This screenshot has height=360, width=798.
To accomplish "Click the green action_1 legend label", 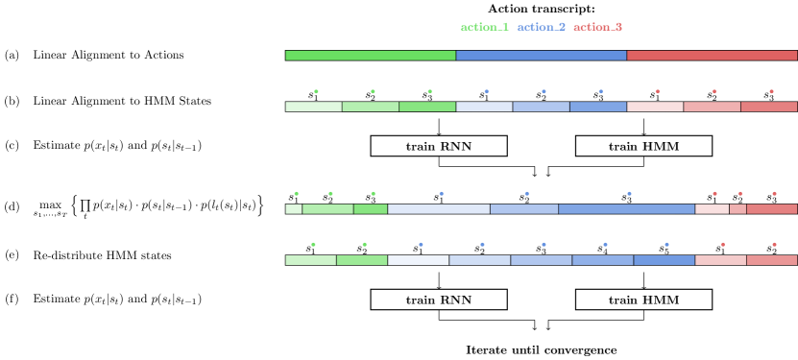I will pyautogui.click(x=484, y=27).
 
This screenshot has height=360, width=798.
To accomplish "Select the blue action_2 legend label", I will pyautogui.click(x=541, y=27).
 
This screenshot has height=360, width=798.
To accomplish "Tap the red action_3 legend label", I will pyautogui.click(x=597, y=27).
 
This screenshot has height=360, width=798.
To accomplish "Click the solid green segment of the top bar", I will pyautogui.click(x=370, y=56).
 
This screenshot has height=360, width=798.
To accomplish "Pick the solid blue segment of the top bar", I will pyautogui.click(x=541, y=56).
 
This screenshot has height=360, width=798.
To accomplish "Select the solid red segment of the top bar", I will pyautogui.click(x=712, y=56).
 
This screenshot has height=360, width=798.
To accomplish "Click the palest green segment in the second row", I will pyautogui.click(x=313, y=107).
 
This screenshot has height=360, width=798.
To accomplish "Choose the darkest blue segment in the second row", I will pyautogui.click(x=597, y=107).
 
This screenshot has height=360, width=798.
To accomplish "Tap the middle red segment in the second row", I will pyautogui.click(x=712, y=107).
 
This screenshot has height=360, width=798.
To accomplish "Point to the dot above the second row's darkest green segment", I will pyautogui.click(x=429, y=91).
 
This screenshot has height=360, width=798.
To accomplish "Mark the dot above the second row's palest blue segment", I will pyautogui.click(x=486, y=91).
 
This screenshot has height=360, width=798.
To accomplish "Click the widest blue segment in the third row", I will pyautogui.click(x=626, y=209).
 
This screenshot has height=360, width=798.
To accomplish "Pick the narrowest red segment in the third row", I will pyautogui.click(x=738, y=209).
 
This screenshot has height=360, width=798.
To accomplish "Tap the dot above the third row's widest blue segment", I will pyautogui.click(x=629, y=194).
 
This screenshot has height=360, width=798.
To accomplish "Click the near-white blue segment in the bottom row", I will pyautogui.click(x=418, y=260).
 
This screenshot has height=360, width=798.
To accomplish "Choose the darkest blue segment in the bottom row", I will pyautogui.click(x=664, y=260).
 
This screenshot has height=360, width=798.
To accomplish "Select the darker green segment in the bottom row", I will pyautogui.click(x=362, y=260).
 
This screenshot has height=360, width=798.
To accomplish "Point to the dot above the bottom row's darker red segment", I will pyautogui.click(x=773, y=245).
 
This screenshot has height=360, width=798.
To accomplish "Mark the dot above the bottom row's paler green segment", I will pyautogui.click(x=313, y=245).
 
